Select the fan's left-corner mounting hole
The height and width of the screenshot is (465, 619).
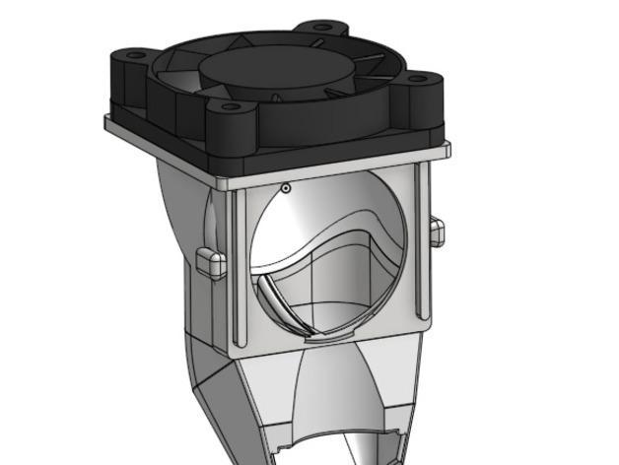[133, 56]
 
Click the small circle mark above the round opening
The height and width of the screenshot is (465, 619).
[286, 187]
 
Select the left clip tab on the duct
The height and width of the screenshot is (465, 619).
[211, 262]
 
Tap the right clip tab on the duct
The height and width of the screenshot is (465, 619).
[437, 232]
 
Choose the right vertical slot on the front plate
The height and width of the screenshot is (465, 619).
[423, 241]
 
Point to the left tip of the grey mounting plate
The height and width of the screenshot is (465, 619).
[107, 123]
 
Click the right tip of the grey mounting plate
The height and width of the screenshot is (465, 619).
[447, 150]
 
